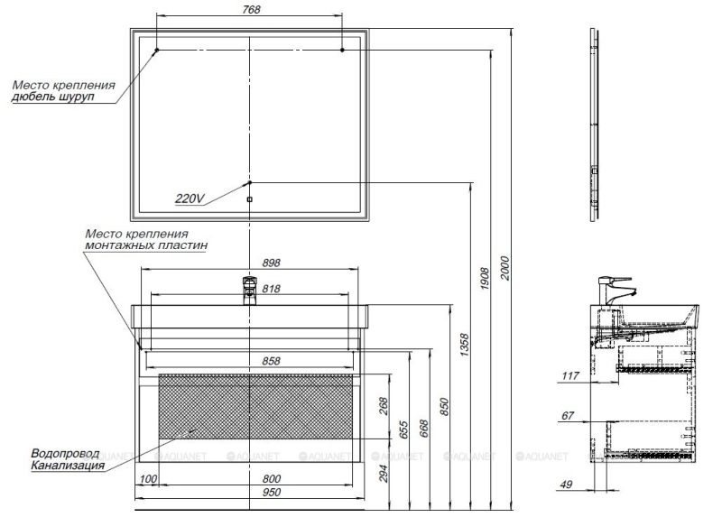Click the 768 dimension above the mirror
click(x=252, y=9)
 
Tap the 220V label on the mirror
click(x=191, y=199)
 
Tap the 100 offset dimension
click(x=149, y=478)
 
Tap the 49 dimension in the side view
click(x=568, y=485)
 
